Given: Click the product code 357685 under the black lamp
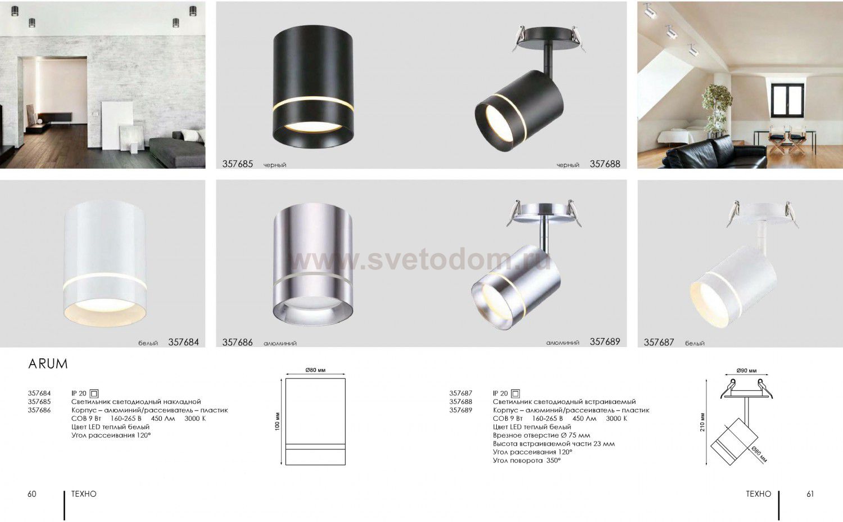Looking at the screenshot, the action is tap(238, 164).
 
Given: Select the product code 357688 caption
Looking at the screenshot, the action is tap(605, 164).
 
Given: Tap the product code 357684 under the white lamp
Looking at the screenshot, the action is tap(183, 342).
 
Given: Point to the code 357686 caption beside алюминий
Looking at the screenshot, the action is tap(238, 342).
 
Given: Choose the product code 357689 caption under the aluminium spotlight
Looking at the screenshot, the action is tap(605, 341).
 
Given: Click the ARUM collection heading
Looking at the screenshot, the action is tap(48, 364).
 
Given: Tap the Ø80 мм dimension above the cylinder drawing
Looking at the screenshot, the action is tap(315, 370).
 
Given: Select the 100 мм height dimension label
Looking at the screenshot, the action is tap(278, 421).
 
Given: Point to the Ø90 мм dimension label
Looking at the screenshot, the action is tap(746, 371).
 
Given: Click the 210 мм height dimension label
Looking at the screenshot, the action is tap(702, 422).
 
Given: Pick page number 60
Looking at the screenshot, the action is tap(32, 494).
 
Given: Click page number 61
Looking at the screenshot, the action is tap(810, 494).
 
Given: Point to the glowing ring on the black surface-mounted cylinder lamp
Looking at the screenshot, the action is tap(313, 103).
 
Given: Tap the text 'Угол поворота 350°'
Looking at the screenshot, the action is tap(527, 461).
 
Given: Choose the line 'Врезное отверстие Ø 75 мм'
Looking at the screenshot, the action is tap(542, 435).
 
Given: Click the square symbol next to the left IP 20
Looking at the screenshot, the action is tap(94, 394).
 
